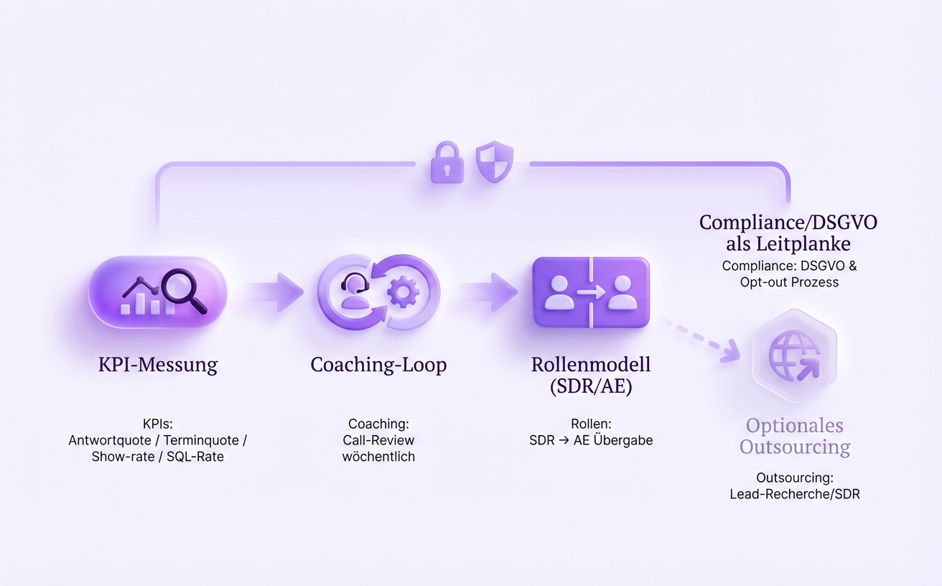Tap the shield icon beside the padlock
(x=495, y=162)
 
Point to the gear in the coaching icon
(x=402, y=292)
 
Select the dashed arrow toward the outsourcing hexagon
(x=700, y=338)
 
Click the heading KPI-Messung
(x=158, y=365)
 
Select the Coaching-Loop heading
(x=378, y=365)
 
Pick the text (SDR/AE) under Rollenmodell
(x=591, y=386)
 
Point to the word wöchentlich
(x=378, y=457)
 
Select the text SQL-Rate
(x=195, y=457)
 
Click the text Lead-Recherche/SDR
(x=795, y=494)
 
